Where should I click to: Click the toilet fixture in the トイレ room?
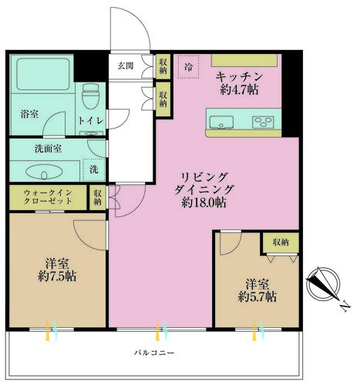point(90,96)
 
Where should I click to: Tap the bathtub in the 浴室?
point(43,74)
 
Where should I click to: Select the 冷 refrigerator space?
point(189,67)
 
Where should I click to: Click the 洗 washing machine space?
point(94,170)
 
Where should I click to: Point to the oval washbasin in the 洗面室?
point(44,172)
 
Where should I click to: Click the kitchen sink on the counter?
point(221,122)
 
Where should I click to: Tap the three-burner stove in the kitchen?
point(263,122)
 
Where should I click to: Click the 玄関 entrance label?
point(126,65)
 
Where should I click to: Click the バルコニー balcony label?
point(154,353)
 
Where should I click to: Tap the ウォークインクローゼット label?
point(48,197)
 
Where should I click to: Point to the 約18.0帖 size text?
point(204,203)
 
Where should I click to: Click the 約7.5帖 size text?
point(57,276)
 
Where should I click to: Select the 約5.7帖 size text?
point(257,297)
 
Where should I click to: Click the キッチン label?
point(239,76)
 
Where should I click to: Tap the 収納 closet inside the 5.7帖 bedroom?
point(281,243)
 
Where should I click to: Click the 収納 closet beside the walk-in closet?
point(98,197)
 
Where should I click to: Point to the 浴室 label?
point(29,114)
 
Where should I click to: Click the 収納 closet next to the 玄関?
point(163,65)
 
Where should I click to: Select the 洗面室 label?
point(48,149)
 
